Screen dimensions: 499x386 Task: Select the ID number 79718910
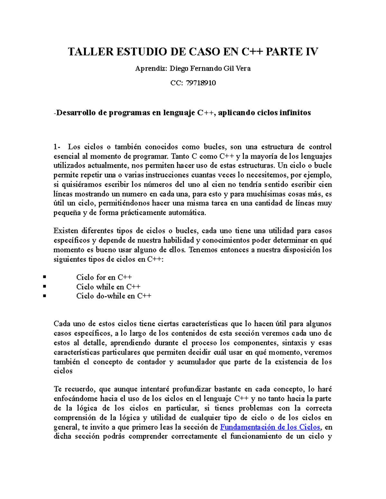[201, 83]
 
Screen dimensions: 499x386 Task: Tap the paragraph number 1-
[57, 147]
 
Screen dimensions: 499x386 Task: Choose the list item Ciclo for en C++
[104, 277]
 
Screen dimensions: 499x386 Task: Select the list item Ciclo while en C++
[108, 287]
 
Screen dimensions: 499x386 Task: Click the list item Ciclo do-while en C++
[114, 296]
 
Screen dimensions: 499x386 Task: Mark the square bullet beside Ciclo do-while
[44, 296]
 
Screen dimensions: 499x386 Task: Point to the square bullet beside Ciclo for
[44, 277]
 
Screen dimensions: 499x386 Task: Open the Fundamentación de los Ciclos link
[270, 427]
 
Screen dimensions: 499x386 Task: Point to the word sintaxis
[296, 343]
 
